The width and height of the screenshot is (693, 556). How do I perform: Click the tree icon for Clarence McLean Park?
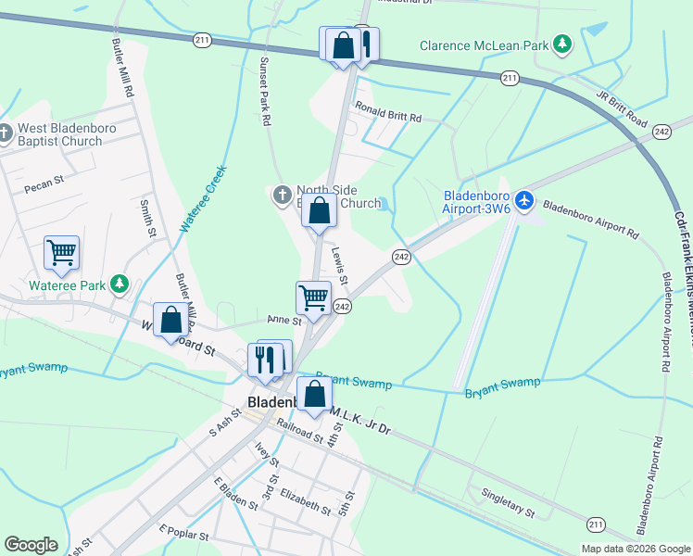[561, 44]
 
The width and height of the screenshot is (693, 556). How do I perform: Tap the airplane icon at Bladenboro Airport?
[525, 199]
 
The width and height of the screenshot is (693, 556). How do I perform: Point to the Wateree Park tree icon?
[119, 284]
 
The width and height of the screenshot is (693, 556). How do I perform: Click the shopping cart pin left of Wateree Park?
[61, 252]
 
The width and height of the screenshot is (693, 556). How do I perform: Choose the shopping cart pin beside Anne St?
[313, 298]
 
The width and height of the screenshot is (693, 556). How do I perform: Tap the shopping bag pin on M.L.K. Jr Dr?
[314, 393]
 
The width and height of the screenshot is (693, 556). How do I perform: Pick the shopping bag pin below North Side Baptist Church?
[319, 210]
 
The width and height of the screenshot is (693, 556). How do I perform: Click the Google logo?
[31, 545]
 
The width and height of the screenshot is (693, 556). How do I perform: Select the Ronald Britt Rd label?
[388, 118]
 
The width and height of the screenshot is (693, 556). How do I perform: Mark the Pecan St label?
[44, 180]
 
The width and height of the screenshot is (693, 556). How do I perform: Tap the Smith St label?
[146, 218]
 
